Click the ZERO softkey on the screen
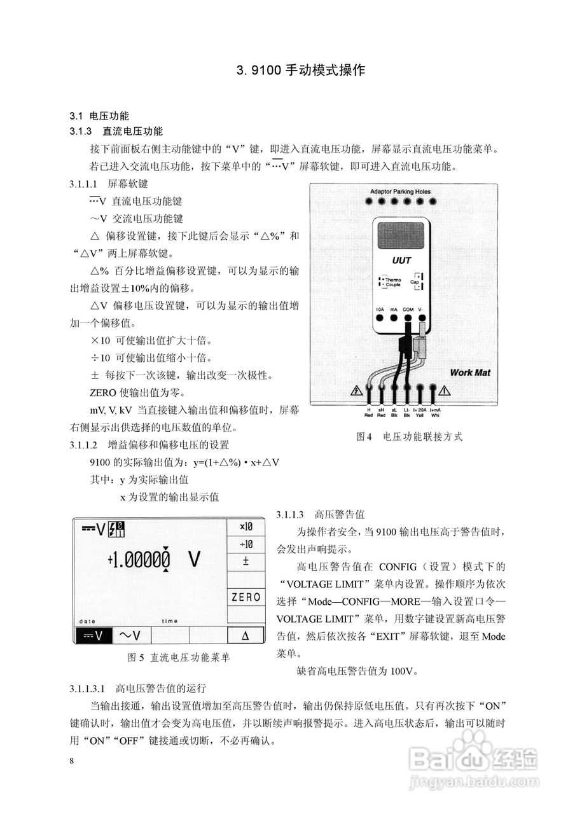point(246,597)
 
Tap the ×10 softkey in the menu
point(246,527)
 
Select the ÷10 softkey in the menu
point(246,544)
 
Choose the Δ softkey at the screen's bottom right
point(246,635)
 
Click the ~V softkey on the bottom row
point(130,635)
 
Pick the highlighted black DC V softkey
point(93,635)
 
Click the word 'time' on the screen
point(170,621)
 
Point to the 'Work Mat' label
point(469,372)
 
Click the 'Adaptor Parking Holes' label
point(400,191)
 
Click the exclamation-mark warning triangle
point(445,390)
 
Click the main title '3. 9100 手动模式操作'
point(300,70)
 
